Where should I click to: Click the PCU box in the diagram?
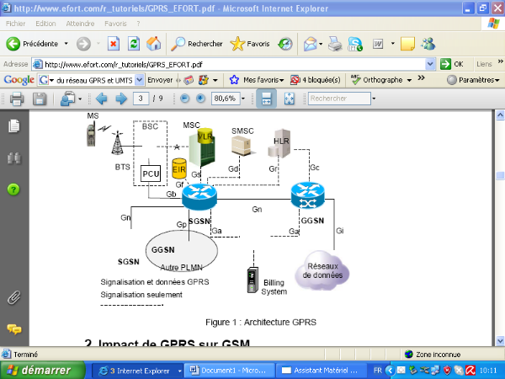point(151,174)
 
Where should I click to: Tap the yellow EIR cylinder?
point(178,168)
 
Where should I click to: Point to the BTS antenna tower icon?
point(118,145)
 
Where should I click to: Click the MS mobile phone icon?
point(91,135)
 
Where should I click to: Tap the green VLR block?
point(202,144)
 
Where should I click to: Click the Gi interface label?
point(339,230)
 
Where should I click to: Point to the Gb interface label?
point(171,195)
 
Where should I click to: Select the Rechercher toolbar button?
point(195,43)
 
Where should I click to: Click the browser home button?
point(154,43)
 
